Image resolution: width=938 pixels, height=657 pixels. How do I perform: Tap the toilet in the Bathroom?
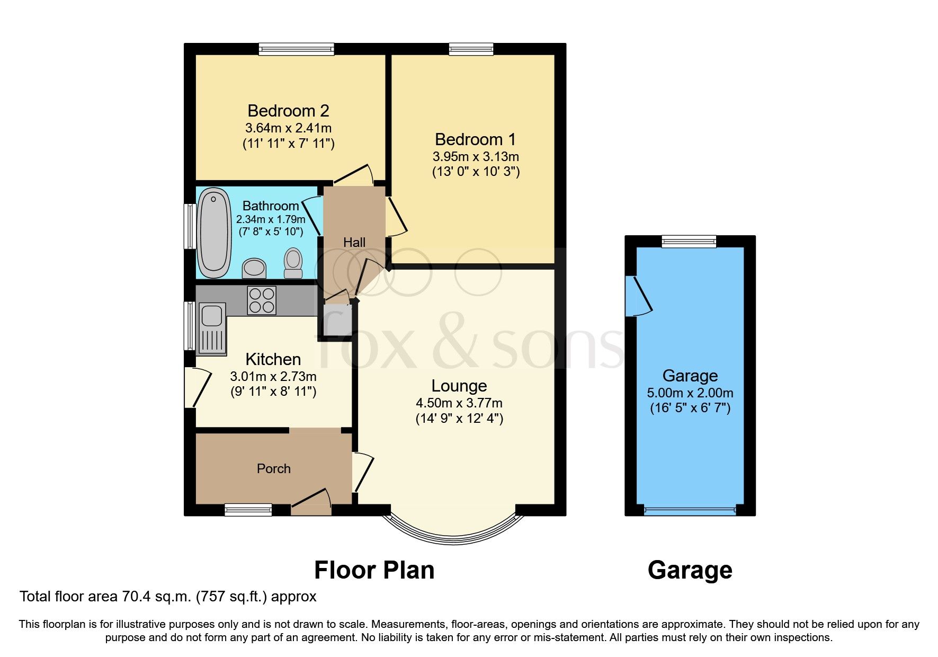(x=293, y=263)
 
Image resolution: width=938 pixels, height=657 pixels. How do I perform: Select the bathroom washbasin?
(x=254, y=268)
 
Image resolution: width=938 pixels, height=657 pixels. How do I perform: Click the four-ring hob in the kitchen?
(x=262, y=300)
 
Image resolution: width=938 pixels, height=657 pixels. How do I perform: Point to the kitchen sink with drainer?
(x=212, y=328)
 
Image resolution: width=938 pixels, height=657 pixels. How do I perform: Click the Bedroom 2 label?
(x=288, y=111)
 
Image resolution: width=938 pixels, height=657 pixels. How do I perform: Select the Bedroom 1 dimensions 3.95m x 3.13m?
(x=476, y=157)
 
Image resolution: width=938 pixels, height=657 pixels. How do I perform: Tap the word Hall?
(x=354, y=243)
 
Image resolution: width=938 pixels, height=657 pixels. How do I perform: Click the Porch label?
(x=273, y=469)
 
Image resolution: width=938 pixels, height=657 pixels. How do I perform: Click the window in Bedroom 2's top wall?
(x=297, y=49)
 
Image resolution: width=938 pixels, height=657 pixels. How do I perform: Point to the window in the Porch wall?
(x=248, y=510)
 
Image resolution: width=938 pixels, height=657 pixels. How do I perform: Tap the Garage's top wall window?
(x=689, y=242)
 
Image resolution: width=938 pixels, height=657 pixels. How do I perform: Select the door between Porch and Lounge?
(x=362, y=471)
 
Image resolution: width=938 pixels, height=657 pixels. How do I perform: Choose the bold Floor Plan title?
(x=374, y=571)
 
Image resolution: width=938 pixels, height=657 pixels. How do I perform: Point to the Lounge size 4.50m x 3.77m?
(x=459, y=403)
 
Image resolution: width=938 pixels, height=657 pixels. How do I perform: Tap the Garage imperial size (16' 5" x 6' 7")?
(x=690, y=408)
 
